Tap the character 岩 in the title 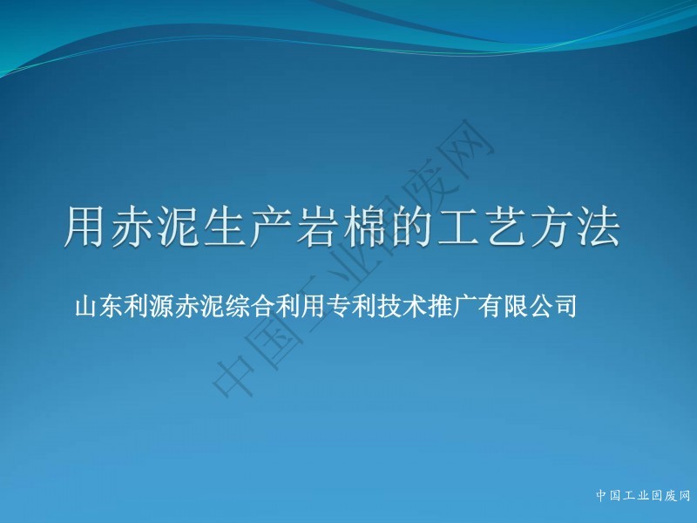pos(316,227)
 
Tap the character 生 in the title pos(223,227)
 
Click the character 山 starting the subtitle pos(86,306)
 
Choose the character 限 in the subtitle pos(515,306)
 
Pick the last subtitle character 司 pos(565,306)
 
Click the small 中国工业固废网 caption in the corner pos(643,495)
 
